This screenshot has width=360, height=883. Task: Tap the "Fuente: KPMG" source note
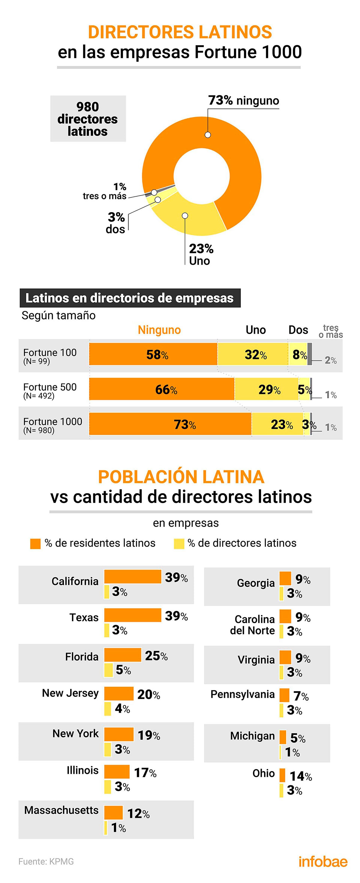[46, 861]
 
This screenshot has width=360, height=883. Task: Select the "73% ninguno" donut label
[243, 100]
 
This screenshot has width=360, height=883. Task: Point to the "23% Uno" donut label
[201, 254]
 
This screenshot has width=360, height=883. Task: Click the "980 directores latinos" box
[88, 119]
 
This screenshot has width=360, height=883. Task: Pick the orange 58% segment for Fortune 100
[153, 354]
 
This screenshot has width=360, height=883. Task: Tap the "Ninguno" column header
[159, 330]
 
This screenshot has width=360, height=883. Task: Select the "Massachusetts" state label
[61, 810]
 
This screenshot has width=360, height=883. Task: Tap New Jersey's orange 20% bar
[119, 693]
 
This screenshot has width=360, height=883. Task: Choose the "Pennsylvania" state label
[242, 694]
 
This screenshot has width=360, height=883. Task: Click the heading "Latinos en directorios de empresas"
[130, 298]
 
